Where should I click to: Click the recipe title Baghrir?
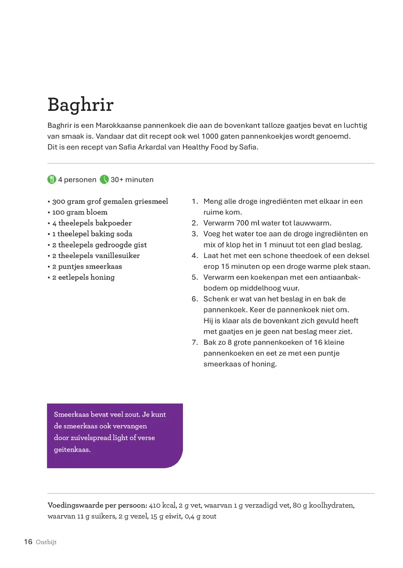pyautogui.click(x=81, y=105)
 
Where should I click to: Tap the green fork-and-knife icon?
pyautogui.click(x=52, y=179)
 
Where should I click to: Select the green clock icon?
pyautogui.click(x=104, y=179)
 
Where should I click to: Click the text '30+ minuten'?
pyautogui.click(x=132, y=179)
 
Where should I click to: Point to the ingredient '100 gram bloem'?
pyautogui.click(x=80, y=212)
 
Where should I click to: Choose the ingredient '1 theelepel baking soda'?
pyautogui.click(x=92, y=234)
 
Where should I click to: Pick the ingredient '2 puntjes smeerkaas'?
pyautogui.click(x=87, y=267)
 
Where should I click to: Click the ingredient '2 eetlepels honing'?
pyautogui.click(x=83, y=277)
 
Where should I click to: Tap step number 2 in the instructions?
pyautogui.click(x=195, y=223)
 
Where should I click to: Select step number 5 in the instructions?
pyautogui.click(x=195, y=277)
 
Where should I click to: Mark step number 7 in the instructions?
pyautogui.click(x=195, y=342)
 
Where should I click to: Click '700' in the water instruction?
pyautogui.click(x=243, y=223)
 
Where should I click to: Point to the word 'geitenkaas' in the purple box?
pyautogui.click(x=72, y=450)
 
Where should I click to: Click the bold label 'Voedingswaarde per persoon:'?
pyautogui.click(x=97, y=505)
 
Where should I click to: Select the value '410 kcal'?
pyautogui.click(x=162, y=505)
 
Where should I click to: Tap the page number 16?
pyautogui.click(x=28, y=542)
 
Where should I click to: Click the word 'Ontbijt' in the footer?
pyautogui.click(x=46, y=542)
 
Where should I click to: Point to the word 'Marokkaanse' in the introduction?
pyautogui.click(x=118, y=125)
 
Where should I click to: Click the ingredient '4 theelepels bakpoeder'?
pyautogui.click(x=92, y=223)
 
